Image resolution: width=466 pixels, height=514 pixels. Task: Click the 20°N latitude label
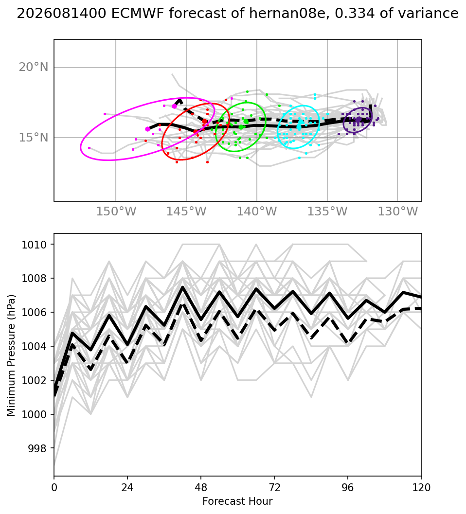(x=34, y=67)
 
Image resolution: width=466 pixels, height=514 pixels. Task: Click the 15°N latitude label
(x=34, y=137)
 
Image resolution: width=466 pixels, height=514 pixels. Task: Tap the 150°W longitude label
(x=116, y=212)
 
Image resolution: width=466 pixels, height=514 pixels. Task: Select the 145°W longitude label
(x=186, y=212)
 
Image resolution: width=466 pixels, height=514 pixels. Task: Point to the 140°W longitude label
(x=257, y=212)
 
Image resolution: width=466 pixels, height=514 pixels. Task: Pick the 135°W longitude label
(x=327, y=212)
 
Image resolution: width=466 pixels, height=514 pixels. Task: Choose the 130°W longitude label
(x=398, y=212)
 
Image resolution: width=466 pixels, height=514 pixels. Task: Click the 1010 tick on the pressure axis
(x=34, y=245)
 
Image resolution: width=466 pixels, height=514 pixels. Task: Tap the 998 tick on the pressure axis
(x=37, y=448)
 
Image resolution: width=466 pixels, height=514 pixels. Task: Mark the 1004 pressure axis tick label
(x=34, y=347)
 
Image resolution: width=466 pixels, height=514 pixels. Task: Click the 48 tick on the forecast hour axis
(x=201, y=488)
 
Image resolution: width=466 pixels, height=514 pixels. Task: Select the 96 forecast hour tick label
(x=348, y=488)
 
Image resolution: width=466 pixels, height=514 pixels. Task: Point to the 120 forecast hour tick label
(x=421, y=488)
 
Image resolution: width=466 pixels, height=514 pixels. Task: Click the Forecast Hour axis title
(x=237, y=501)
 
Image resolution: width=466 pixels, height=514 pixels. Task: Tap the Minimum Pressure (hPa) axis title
(x=11, y=355)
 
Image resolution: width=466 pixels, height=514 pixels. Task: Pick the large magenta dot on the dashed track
(x=174, y=106)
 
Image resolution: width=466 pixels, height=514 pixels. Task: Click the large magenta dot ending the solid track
(x=147, y=129)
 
